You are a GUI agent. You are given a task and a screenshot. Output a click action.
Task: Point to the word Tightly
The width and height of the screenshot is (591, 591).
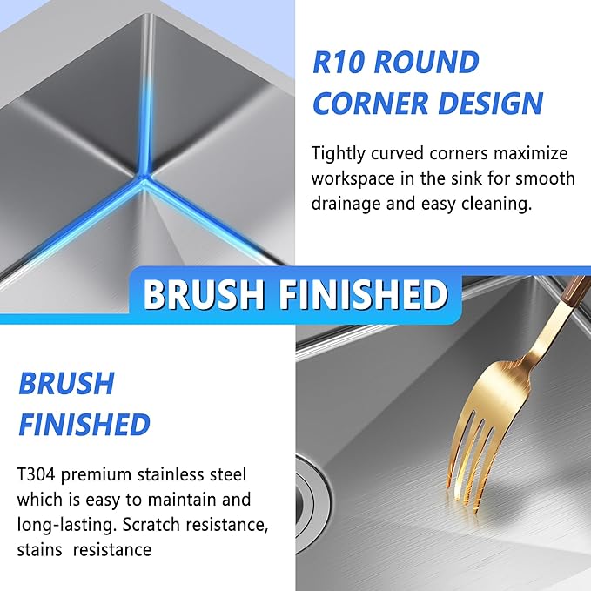[341, 154]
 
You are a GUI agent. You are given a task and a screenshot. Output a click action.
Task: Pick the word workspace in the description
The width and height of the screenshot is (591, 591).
[356, 179]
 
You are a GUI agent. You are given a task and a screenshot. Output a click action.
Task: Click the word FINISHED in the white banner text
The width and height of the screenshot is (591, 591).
[364, 295]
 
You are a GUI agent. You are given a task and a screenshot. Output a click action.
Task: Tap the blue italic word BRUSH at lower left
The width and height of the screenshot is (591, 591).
[66, 384]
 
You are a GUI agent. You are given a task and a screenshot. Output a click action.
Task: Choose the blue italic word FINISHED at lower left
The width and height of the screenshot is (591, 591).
[84, 426]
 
